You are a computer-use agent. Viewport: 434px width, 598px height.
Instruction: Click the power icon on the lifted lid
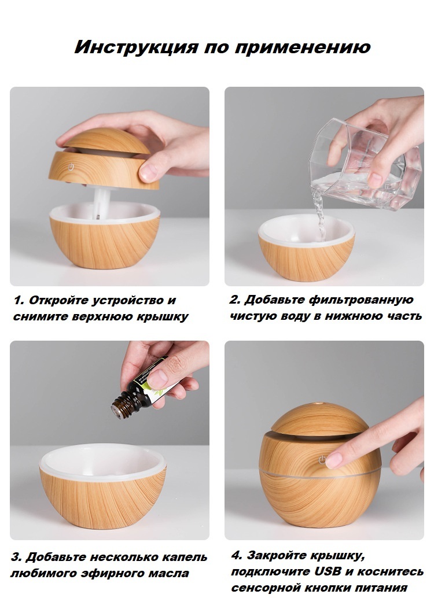pos(71,167)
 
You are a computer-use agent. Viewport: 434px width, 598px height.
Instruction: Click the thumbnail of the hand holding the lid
pos(109,186)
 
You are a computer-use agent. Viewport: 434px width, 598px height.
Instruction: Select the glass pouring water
pos(365,164)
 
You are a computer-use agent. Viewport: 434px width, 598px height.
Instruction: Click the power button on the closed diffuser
pos(322,460)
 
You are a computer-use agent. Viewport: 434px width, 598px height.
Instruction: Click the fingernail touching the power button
pos(334,460)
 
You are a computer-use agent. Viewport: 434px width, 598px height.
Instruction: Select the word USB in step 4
pos(328,571)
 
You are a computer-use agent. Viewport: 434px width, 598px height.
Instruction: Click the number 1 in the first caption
pos(19,300)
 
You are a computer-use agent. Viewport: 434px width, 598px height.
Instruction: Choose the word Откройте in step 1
pos(59,300)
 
